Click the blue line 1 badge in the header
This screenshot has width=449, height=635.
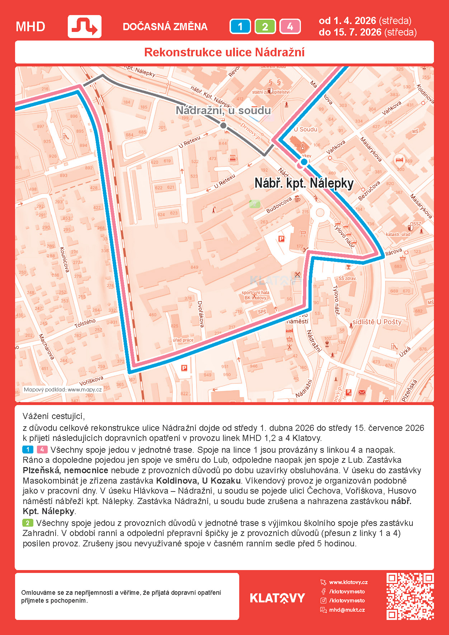pyautogui.click(x=240, y=27)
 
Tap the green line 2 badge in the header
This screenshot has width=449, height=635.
pyautogui.click(x=265, y=27)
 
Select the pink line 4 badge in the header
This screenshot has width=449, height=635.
pyautogui.click(x=290, y=27)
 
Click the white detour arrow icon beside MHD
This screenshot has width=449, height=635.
pyautogui.click(x=85, y=27)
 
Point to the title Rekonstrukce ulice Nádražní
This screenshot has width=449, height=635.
pyautogui.click(x=224, y=52)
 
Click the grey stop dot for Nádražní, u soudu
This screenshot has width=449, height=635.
pyautogui.click(x=223, y=126)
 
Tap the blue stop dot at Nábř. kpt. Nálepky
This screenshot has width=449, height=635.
pyautogui.click(x=304, y=162)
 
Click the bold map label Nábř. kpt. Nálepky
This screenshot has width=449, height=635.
pyautogui.click(x=304, y=183)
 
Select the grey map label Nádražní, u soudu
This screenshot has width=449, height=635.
pyautogui.click(x=223, y=110)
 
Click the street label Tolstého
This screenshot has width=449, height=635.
pyautogui.click(x=85, y=323)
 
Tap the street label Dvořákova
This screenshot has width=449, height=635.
pyautogui.click(x=201, y=314)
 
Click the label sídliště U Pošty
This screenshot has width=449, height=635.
pyautogui.click(x=377, y=322)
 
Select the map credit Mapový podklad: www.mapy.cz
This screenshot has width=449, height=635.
pyautogui.click(x=63, y=390)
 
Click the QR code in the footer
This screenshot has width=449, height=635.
pyautogui.click(x=410, y=596)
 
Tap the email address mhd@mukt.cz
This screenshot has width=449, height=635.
pyautogui.click(x=347, y=610)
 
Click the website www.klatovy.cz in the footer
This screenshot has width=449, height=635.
pyautogui.click(x=348, y=582)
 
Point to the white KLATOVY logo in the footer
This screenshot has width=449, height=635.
pyautogui.click(x=277, y=598)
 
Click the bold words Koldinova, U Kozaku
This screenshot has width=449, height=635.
pyautogui.click(x=198, y=481)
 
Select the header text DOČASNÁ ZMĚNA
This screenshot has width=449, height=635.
pyautogui.click(x=165, y=27)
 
